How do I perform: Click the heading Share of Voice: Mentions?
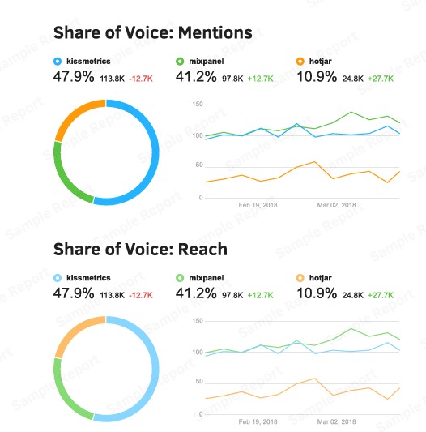(x=152, y=32)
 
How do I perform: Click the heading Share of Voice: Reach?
(x=139, y=249)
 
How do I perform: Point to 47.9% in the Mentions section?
(x=74, y=77)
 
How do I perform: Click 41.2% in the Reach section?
(x=195, y=293)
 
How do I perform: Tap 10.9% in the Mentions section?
(x=317, y=77)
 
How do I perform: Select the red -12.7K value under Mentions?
(x=141, y=79)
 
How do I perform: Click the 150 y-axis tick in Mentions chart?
(x=197, y=105)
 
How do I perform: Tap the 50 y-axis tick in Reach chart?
(x=198, y=383)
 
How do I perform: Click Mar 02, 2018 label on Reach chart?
(x=336, y=422)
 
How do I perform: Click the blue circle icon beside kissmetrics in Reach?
(x=58, y=277)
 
